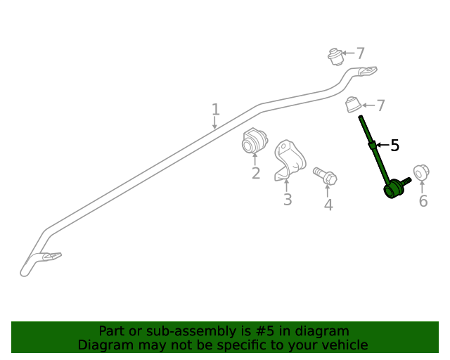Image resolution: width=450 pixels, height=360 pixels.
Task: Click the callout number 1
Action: coord(216,110)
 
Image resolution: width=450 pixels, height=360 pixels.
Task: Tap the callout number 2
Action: coord(256,173)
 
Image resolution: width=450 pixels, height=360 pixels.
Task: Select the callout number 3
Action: coord(288,199)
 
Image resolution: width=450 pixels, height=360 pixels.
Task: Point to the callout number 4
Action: coord(328,205)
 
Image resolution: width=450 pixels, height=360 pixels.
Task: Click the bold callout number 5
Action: coord(395,146)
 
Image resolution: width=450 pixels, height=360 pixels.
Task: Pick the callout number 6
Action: coord(423,200)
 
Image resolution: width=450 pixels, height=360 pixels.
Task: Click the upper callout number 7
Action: coord(360,53)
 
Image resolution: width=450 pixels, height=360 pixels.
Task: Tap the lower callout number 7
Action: coord(380,105)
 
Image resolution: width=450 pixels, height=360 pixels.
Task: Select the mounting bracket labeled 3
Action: coord(289,160)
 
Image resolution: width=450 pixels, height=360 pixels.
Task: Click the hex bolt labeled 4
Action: coord(325,175)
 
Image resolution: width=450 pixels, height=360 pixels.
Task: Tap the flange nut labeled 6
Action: coord(421,172)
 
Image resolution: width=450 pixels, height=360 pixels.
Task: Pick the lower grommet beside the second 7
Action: coord(353,105)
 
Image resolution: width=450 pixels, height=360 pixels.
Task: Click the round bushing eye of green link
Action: coord(391,190)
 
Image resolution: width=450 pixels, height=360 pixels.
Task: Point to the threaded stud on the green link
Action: coord(406,181)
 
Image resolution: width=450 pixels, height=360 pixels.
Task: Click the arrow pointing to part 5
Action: coord(382,145)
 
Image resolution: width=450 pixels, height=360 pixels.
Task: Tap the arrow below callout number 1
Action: coord(214,123)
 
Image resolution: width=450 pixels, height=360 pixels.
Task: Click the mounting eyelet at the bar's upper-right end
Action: coord(368,70)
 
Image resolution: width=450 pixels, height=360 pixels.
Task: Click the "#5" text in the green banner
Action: coord(264,331)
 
